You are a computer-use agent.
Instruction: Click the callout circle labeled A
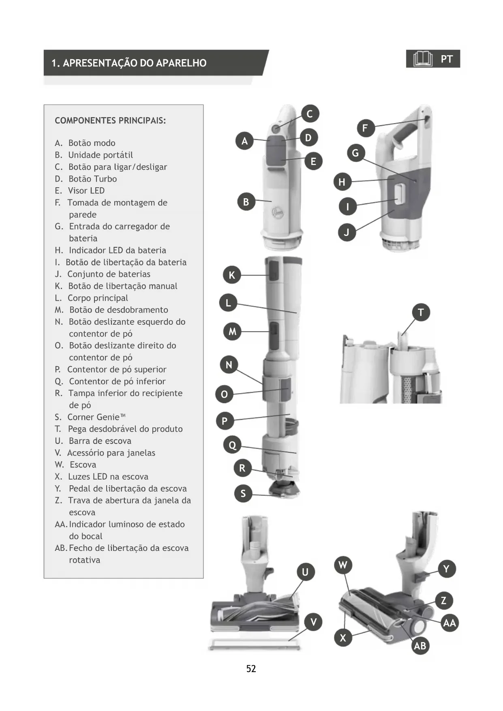tap(244, 141)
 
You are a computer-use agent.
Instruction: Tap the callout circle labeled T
tap(421, 313)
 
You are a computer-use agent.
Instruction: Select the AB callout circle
tap(420, 646)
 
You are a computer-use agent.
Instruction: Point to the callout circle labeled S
tap(243, 493)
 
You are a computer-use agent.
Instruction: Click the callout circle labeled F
tap(365, 128)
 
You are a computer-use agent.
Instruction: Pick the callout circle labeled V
tap(313, 622)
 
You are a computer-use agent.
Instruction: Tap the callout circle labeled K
tap(232, 275)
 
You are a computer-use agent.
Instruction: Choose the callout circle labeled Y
tap(446, 569)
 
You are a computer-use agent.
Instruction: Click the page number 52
tap(251, 668)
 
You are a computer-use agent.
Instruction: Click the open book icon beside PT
tap(422, 59)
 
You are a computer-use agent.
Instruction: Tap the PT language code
tap(446, 59)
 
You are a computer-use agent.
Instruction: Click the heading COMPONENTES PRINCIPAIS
tap(110, 120)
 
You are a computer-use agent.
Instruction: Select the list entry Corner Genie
tap(96, 417)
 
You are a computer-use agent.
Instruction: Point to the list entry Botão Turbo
tap(92, 179)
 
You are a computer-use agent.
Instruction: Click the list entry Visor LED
tap(86, 191)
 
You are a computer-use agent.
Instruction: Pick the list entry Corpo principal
tap(98, 298)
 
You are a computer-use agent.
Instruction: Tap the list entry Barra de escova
tap(100, 441)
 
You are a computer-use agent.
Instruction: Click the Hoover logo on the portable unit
tap(277, 212)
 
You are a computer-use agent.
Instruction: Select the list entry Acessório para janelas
tap(111, 453)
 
